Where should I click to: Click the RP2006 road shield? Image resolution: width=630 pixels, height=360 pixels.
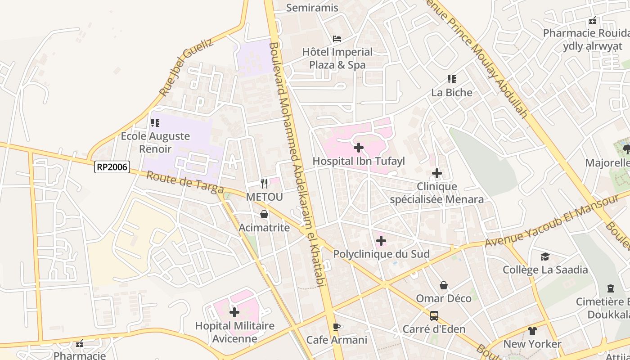pyautogui.click(x=112, y=167)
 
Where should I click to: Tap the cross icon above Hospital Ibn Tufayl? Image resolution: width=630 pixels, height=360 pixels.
pyautogui.click(x=359, y=148)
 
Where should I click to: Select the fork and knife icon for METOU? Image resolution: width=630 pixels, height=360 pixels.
pyautogui.click(x=264, y=184)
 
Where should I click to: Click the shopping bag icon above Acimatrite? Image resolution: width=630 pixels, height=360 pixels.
pyautogui.click(x=264, y=214)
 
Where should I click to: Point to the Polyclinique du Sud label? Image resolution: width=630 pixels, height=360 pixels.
pyautogui.click(x=381, y=254)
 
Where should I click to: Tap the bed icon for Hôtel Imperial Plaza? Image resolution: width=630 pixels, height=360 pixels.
pyautogui.click(x=337, y=39)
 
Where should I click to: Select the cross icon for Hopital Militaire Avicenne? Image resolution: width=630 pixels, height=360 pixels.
pyautogui.click(x=234, y=312)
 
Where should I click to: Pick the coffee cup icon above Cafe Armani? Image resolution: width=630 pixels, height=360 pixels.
pyautogui.click(x=336, y=327)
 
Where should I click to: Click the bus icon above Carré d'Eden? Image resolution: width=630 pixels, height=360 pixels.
pyautogui.click(x=434, y=316)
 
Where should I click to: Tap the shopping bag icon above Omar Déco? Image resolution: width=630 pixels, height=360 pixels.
pyautogui.click(x=444, y=285)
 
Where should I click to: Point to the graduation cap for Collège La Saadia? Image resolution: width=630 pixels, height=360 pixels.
pyautogui.click(x=545, y=256)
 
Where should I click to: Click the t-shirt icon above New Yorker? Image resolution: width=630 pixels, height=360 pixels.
pyautogui.click(x=532, y=331)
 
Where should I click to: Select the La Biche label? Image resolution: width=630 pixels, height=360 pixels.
pyautogui.click(x=452, y=93)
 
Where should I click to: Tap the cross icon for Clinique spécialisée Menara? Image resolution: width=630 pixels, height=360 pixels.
pyautogui.click(x=436, y=173)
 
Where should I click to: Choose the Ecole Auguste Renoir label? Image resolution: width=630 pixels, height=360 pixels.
pyautogui.click(x=155, y=142)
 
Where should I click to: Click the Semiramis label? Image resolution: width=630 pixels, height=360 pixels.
pyautogui.click(x=312, y=8)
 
